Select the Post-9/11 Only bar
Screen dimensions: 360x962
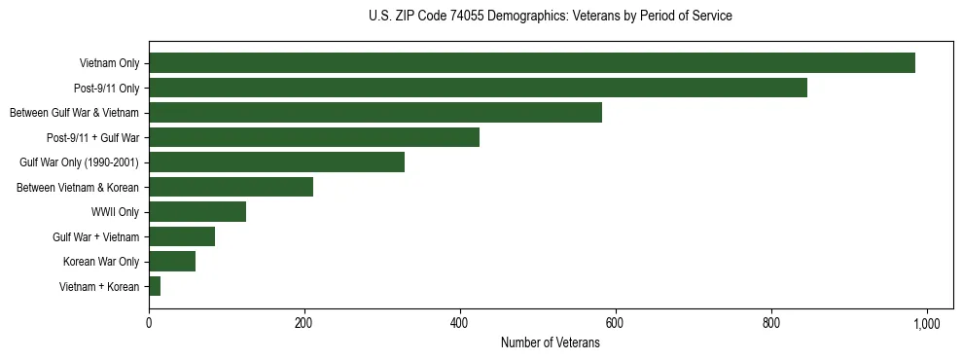478,88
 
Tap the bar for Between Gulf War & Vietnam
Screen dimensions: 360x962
375,113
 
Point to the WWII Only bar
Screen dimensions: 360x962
197,211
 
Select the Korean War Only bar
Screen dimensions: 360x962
172,261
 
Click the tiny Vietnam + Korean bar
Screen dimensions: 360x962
155,286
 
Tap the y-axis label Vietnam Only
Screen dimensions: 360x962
109,64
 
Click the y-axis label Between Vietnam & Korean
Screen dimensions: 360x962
78,187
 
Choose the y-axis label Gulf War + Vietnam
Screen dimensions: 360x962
95,236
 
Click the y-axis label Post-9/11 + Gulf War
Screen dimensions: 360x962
92,138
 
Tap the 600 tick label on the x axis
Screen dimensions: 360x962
616,322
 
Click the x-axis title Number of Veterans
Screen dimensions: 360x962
550,343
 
